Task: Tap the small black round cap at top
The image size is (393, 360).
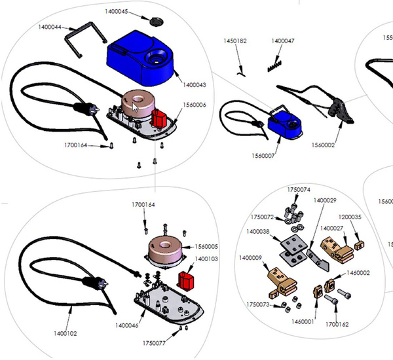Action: click(156, 20)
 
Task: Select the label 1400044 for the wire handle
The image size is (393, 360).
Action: click(50, 27)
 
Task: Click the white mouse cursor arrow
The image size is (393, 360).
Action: click(135, 108)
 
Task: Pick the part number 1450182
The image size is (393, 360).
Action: click(235, 41)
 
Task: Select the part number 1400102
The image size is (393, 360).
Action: click(65, 333)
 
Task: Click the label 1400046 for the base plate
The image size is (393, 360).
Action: click(126, 325)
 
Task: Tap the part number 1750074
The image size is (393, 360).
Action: click(299, 189)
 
